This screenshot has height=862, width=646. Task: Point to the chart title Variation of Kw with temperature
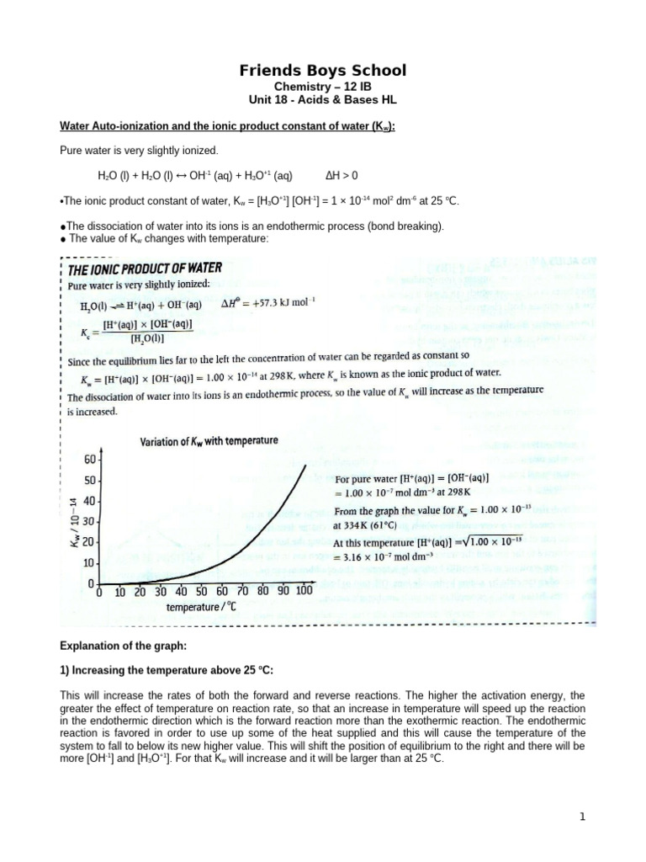point(209,441)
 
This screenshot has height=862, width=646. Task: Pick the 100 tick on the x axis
point(303,591)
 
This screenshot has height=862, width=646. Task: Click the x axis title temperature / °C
point(205,607)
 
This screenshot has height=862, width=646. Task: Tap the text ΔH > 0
point(342,176)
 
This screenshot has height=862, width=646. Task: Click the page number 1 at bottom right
point(581,817)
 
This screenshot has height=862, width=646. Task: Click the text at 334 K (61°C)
point(377,525)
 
